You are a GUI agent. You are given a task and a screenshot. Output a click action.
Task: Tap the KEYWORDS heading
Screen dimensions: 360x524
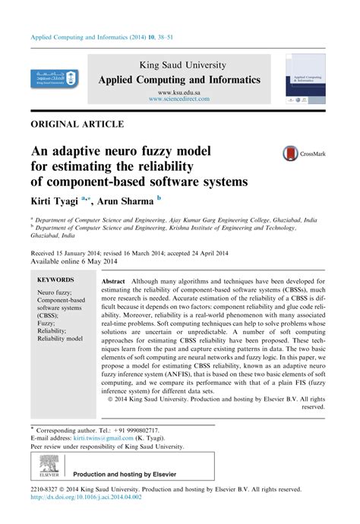pyautogui.click(x=55, y=279)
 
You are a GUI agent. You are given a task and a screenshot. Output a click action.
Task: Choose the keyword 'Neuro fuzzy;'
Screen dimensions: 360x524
pyautogui.click(x=58, y=292)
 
